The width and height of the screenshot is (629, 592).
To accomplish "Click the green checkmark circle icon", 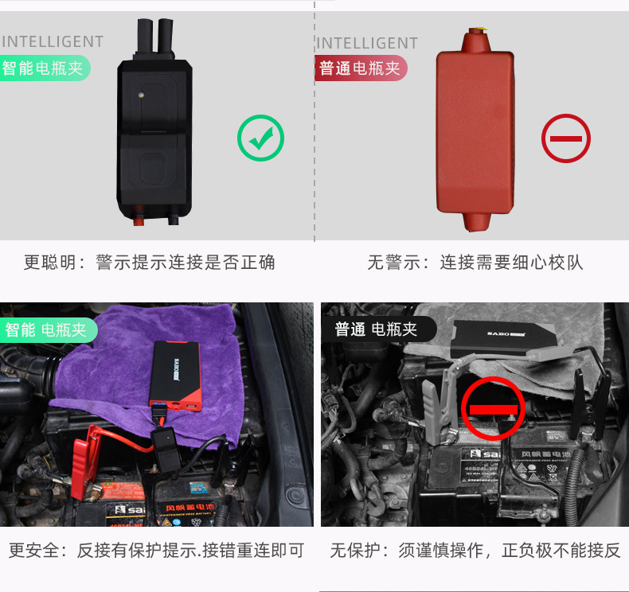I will [x=260, y=138].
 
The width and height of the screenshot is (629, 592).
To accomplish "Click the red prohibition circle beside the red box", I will [x=566, y=138].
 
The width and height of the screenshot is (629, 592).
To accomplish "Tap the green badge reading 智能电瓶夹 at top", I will [x=44, y=68].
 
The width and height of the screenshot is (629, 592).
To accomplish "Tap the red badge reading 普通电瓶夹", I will [x=361, y=68].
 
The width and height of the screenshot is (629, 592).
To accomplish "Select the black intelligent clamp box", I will [x=154, y=130].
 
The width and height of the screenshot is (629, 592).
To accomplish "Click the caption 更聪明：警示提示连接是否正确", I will [x=149, y=263].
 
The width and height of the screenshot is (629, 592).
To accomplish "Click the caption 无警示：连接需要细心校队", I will [x=475, y=263].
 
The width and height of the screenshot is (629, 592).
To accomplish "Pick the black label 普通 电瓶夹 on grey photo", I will [x=376, y=329].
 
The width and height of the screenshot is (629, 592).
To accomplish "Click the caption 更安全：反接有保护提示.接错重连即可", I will [x=156, y=550].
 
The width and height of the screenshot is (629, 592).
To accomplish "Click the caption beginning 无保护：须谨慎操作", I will [x=475, y=550].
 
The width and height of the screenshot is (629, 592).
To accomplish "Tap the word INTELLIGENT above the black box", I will [x=53, y=42].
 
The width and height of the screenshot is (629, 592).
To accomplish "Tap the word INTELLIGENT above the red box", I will [x=367, y=43].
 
